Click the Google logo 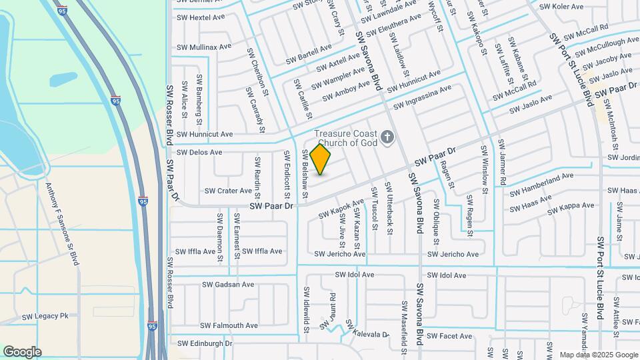pos(22,352)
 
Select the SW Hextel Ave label pos(199,17)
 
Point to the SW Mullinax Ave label pos(204,47)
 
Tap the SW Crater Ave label pos(228,191)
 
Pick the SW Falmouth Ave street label pos(227,325)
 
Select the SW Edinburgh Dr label pos(205,343)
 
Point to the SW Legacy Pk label pos(45,317)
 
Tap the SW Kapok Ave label pos(341,208)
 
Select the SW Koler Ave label pos(561,7)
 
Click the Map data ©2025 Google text pos(599,355)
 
